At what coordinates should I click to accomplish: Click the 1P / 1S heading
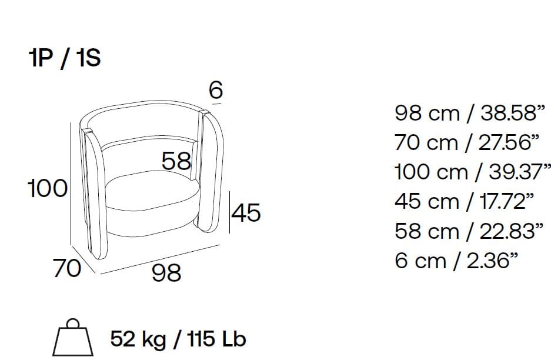tap(65, 58)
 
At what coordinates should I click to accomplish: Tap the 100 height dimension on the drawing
tap(48, 188)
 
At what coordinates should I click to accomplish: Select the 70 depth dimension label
tap(67, 268)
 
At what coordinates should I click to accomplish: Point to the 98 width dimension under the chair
tap(166, 272)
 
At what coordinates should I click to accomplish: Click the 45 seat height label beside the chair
tap(246, 213)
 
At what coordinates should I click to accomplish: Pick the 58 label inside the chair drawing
tap(176, 161)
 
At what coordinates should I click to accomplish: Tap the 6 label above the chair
tap(216, 90)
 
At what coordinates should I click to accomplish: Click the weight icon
tap(73, 338)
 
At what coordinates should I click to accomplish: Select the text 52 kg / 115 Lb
tap(178, 339)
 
